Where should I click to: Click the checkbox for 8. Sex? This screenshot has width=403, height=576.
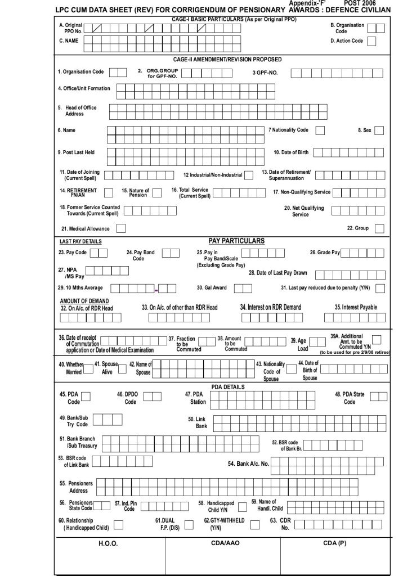tap(379, 130)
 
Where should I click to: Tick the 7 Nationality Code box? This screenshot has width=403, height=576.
tap(320, 130)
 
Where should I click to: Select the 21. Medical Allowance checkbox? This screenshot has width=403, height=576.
tap(121, 228)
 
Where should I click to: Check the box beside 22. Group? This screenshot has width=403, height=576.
tap(379, 228)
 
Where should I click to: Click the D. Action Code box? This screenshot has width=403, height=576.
tap(372, 41)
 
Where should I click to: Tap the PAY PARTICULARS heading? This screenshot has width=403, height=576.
tap(236, 241)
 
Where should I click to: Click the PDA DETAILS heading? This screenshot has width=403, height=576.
tap(227, 387)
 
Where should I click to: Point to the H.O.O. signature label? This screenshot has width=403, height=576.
tap(108, 544)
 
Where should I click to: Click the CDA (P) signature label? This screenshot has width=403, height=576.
tap(334, 543)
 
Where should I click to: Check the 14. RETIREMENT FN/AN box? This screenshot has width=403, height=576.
tap(109, 193)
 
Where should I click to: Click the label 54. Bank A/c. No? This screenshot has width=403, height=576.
tap(248, 464)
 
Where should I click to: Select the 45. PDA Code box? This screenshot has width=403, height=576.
tap(86, 397)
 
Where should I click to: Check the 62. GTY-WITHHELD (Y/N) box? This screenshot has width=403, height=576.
tap(255, 524)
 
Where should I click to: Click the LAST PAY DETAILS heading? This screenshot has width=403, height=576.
tap(80, 242)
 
